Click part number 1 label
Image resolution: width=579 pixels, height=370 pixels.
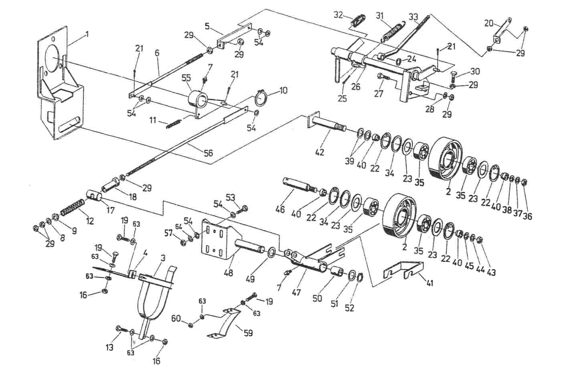click(87, 35)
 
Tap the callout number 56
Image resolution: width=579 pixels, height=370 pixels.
click(208, 153)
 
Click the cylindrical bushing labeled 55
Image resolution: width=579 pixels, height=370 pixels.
click(197, 100)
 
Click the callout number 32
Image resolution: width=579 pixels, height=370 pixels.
click(338, 15)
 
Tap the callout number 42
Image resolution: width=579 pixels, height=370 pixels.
click(320, 152)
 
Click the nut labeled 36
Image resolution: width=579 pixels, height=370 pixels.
click(524, 182)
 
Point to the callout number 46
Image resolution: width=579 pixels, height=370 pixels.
click(280, 210)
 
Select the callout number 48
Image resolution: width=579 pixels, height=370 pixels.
click(228, 272)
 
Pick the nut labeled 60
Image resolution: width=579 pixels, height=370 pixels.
click(190, 325)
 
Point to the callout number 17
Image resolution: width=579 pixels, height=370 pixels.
click(111, 211)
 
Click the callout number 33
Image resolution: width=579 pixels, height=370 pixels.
click(413, 16)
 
